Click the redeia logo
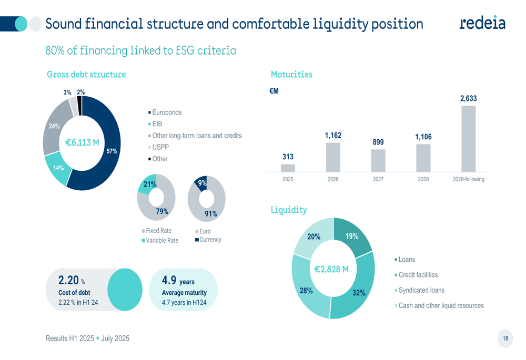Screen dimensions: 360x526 pyautogui.click(x=482, y=23)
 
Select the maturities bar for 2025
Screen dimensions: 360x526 pyautogui.click(x=288, y=168)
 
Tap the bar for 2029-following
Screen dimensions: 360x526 pyautogui.click(x=468, y=139)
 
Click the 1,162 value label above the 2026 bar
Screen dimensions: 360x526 pyautogui.click(x=333, y=136)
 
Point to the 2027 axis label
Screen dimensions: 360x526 pyautogui.click(x=378, y=179)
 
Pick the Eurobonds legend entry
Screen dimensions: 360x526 pyautogui.click(x=166, y=112)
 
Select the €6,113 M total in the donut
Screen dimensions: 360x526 pyautogui.click(x=82, y=142)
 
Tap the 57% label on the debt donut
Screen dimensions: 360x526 pyautogui.click(x=112, y=151)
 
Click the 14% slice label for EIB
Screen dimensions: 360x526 pyautogui.click(x=58, y=168)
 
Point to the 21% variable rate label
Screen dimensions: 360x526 pyautogui.click(x=150, y=184)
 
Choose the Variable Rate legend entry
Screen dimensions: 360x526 pyautogui.click(x=162, y=240)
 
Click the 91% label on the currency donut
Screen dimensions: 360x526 pyautogui.click(x=211, y=213)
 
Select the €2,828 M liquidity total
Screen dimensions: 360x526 pyautogui.click(x=331, y=269)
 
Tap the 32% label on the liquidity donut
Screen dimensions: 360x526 pyautogui.click(x=359, y=293)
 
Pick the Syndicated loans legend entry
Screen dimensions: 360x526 pyautogui.click(x=421, y=290)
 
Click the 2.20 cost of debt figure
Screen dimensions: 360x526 pyautogui.click(x=68, y=280)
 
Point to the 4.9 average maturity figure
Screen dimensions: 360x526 pyautogui.click(x=169, y=280)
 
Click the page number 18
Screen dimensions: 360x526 pyautogui.click(x=505, y=338)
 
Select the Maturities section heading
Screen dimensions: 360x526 pyautogui.click(x=291, y=75)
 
